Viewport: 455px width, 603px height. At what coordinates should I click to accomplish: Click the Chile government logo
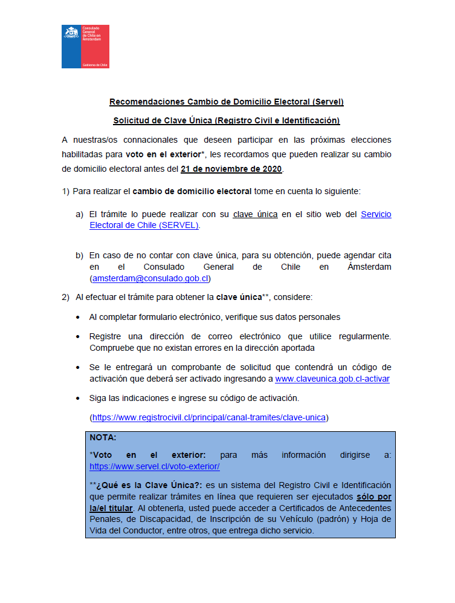85,46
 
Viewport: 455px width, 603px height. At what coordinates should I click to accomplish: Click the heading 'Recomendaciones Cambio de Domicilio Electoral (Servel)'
227,102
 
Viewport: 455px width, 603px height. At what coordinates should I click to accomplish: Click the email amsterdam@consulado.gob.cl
150,278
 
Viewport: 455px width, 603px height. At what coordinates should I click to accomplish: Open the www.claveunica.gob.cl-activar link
332,379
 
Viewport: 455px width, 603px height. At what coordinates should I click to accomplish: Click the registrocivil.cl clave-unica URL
208,417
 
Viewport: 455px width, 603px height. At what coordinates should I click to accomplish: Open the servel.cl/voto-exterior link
154,466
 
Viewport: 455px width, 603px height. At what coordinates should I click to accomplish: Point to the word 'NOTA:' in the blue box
103,437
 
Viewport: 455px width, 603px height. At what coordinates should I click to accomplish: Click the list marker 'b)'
79,255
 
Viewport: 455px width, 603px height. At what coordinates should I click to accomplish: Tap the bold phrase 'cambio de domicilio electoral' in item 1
192,191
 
